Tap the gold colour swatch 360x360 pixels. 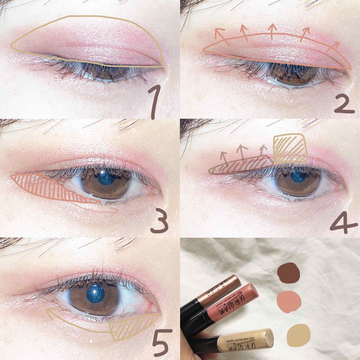298,335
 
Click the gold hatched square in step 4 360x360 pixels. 289,149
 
